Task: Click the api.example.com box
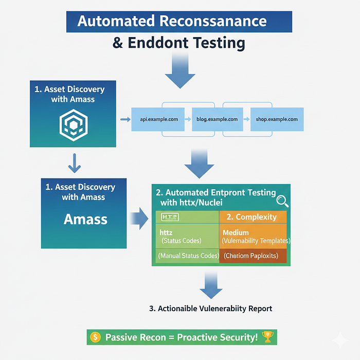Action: [x=158, y=119]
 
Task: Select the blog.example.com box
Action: [x=218, y=119]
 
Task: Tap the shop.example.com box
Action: [x=277, y=119]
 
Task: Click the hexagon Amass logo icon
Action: [x=74, y=125]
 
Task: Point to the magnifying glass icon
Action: [x=283, y=202]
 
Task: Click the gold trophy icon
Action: [x=267, y=337]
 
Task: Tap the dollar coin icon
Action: [x=96, y=337]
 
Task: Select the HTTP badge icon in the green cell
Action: [x=170, y=217]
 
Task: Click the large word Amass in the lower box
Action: [x=86, y=219]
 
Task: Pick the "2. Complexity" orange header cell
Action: [x=253, y=217]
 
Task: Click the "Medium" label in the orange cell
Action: [x=236, y=232]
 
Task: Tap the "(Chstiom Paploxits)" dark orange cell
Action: [x=253, y=256]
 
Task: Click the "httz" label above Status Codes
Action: [x=166, y=232]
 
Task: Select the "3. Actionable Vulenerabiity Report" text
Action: [x=210, y=309]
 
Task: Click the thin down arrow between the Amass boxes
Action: [x=75, y=163]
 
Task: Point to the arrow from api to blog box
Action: [x=188, y=119]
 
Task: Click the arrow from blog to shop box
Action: [x=246, y=119]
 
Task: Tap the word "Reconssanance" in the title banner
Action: [x=213, y=21]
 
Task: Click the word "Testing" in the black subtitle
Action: [x=219, y=43]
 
